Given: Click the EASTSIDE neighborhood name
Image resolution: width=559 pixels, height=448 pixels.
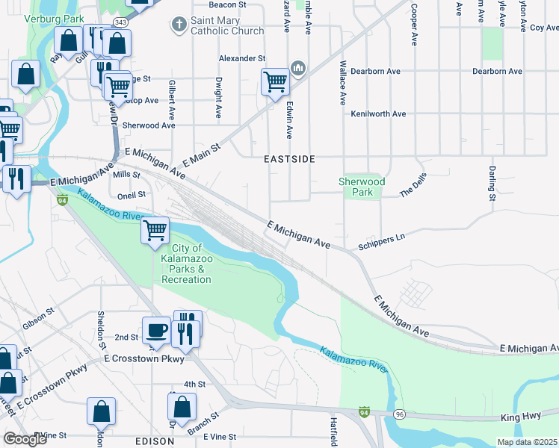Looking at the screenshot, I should pos(289,160).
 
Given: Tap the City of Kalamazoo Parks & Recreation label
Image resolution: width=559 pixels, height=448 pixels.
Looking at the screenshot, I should pos(185,264).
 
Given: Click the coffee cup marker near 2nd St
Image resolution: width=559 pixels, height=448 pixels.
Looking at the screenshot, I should pos(156,329).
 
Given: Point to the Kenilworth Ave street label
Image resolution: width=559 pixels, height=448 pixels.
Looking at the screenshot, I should pos(378,114).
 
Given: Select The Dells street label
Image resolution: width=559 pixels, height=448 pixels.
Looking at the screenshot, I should pos(416,187).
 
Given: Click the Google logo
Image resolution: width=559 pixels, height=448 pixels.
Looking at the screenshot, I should pos(25,439).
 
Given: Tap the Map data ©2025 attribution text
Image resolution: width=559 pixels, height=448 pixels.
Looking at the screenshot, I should pos(527,442).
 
